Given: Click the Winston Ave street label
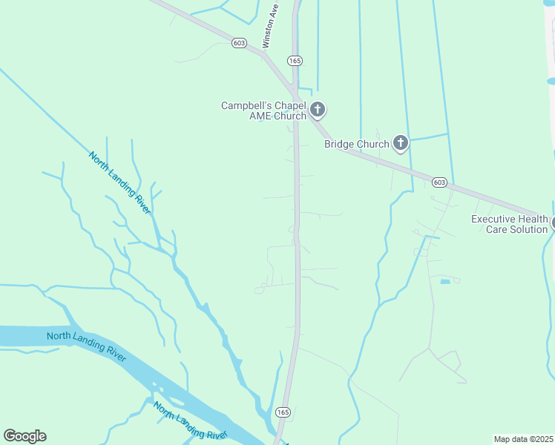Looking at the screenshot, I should coord(272,24).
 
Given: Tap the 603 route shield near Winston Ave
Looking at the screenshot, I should coord(239,43).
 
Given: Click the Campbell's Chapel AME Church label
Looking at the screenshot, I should coord(263,111).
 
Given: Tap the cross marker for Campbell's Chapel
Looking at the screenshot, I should coord(318,111).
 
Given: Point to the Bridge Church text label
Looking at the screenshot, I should coord(356,144).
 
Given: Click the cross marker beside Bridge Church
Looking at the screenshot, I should coord(401,143).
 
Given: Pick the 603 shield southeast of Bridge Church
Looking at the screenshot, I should coord(439,182).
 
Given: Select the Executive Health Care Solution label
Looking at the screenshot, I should coord(509,224).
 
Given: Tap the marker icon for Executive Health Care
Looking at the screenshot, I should coord(553,222).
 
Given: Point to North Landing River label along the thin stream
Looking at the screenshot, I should coord(119,182).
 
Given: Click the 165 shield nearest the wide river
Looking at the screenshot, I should coord(283,412).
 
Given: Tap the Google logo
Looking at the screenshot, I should coord(24,436).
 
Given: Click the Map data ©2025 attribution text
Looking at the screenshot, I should coord(524,439).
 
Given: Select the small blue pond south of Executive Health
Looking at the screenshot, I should coord(444,282).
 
